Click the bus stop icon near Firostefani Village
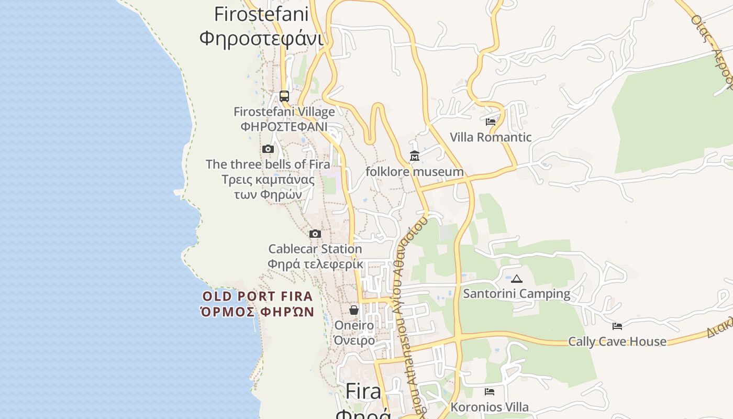(284, 96)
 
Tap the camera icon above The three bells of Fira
(268, 149)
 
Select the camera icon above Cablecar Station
(315, 234)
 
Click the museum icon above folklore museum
(415, 156)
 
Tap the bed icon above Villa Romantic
(491, 122)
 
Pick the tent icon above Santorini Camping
(517, 279)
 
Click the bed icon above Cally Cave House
(617, 326)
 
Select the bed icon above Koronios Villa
(490, 392)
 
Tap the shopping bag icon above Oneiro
(354, 310)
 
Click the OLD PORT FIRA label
(258, 296)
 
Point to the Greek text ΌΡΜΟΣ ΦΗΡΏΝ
(258, 312)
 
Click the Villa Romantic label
(491, 137)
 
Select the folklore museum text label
(415, 172)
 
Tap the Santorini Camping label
(517, 293)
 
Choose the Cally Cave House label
(617, 341)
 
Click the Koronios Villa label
(490, 407)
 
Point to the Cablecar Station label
(315, 249)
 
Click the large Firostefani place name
(261, 14)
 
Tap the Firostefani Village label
(284, 112)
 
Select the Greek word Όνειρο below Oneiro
(354, 340)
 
